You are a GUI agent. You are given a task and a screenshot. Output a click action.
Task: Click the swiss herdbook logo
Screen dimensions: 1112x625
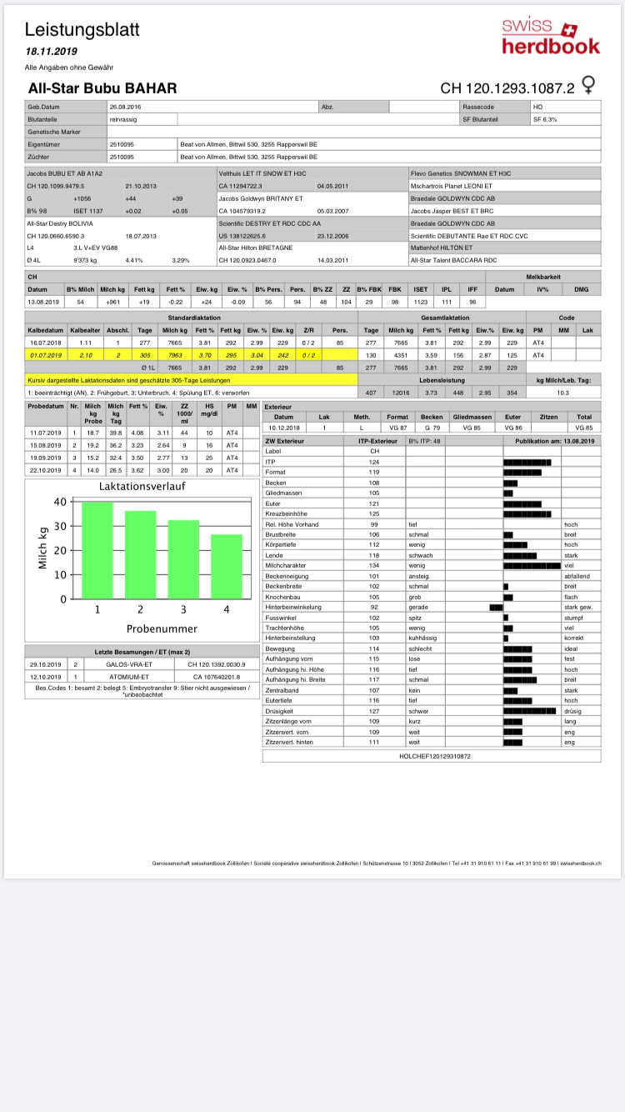pos(551,37)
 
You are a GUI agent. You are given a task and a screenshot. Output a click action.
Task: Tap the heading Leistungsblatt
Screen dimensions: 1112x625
pos(82,30)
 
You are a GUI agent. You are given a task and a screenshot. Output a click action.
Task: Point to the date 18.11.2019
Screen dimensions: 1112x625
pos(52,52)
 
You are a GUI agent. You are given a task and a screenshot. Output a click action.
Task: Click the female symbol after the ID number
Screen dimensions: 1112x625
pos(588,86)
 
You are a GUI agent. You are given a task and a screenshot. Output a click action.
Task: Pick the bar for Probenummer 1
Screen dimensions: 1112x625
pos(97,550)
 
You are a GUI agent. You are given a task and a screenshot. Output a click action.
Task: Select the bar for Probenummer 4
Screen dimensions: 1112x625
pos(227,567)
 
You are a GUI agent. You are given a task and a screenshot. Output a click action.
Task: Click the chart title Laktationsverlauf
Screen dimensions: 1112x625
pos(142,486)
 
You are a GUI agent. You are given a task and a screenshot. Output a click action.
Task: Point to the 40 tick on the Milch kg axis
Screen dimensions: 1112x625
pos(59,502)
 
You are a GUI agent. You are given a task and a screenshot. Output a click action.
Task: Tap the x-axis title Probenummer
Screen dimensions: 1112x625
pos(161,628)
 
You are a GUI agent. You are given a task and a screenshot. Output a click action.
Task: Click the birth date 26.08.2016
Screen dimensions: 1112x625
pos(125,108)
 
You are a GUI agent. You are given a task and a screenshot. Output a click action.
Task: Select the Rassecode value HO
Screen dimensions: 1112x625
pos(537,108)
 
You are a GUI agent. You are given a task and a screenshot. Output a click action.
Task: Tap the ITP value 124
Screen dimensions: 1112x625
pos(374,462)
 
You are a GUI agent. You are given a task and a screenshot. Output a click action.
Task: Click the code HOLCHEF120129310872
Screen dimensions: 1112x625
pos(435,756)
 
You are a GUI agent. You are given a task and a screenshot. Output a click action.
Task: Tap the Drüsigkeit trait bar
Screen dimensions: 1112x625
pos(529,712)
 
